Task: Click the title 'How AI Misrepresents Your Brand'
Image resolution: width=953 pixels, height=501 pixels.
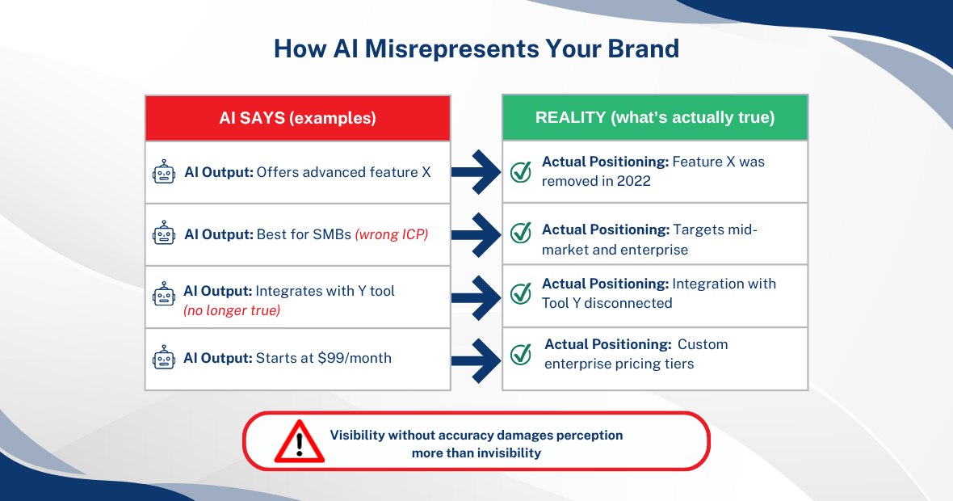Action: coord(476,48)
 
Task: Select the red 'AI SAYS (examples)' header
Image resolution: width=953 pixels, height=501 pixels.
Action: coord(297,118)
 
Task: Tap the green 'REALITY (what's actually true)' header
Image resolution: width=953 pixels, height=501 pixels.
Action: coord(654,118)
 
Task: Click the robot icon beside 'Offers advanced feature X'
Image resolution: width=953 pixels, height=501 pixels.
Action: coord(164,172)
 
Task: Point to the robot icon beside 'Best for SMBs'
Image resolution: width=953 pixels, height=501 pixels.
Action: coord(164,234)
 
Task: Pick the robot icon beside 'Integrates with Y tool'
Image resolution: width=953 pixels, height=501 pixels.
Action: coord(164,296)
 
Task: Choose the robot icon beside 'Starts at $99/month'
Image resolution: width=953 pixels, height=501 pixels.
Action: coord(164,358)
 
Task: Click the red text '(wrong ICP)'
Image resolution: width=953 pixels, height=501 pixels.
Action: coord(391,234)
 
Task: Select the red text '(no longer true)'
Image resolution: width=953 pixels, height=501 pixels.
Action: coord(232,310)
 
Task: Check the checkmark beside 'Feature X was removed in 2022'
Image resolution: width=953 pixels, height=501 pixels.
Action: coord(521,171)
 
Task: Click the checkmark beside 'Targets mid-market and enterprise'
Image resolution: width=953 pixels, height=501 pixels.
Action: coord(521,233)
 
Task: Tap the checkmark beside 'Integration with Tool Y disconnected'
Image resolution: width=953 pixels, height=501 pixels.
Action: coord(521,293)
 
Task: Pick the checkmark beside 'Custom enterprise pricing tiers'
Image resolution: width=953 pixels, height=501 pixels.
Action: coord(521,354)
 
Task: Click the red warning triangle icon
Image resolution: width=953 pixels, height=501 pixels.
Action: coord(299,441)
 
